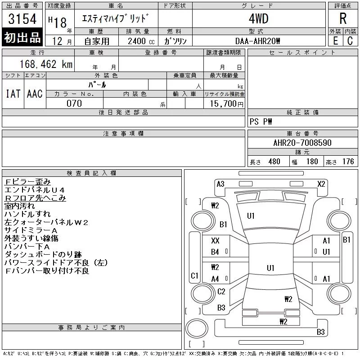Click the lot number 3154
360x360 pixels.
click(x=22, y=19)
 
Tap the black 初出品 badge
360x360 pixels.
click(x=22, y=37)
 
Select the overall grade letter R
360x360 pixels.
click(x=343, y=18)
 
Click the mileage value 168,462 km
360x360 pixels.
click(x=46, y=64)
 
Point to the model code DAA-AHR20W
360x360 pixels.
click(x=257, y=41)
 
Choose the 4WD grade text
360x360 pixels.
click(x=258, y=18)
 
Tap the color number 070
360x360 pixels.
click(x=74, y=103)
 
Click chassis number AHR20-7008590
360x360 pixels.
click(x=302, y=143)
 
